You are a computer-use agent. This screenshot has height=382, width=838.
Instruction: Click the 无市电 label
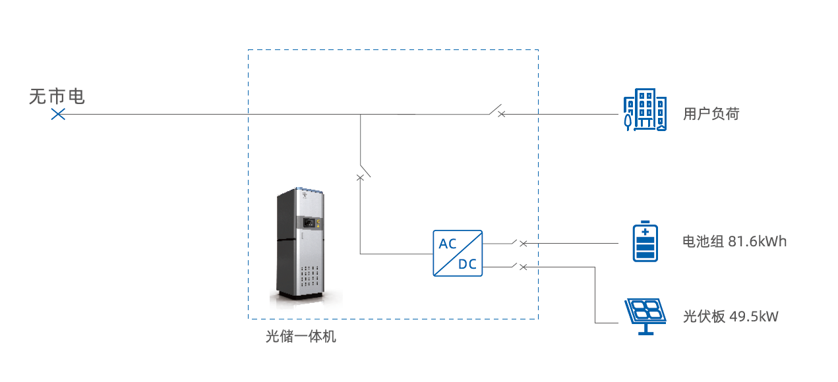coord(57,97)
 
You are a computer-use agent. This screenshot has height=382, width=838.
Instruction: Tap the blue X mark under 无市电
coord(58,115)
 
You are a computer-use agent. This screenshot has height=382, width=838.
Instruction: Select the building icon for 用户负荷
coord(645,111)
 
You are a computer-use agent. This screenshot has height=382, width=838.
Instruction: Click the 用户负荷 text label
coord(711,114)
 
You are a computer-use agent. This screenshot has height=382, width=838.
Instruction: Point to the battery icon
coord(645,242)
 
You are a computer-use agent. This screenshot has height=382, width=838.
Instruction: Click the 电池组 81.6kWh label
coord(734,242)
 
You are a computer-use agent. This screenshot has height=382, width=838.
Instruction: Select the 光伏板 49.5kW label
coord(731,317)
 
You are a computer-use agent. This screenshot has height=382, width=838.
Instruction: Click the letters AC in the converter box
coord(448,244)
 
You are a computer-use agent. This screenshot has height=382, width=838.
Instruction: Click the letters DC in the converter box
coord(467,265)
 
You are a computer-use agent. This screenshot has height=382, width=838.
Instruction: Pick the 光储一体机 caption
coord(301,337)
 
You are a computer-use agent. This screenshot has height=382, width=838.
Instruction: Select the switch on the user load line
coord(496,111)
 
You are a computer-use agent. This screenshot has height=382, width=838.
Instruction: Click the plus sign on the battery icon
coord(645,232)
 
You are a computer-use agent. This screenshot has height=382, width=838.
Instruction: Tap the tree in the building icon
coord(628,119)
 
